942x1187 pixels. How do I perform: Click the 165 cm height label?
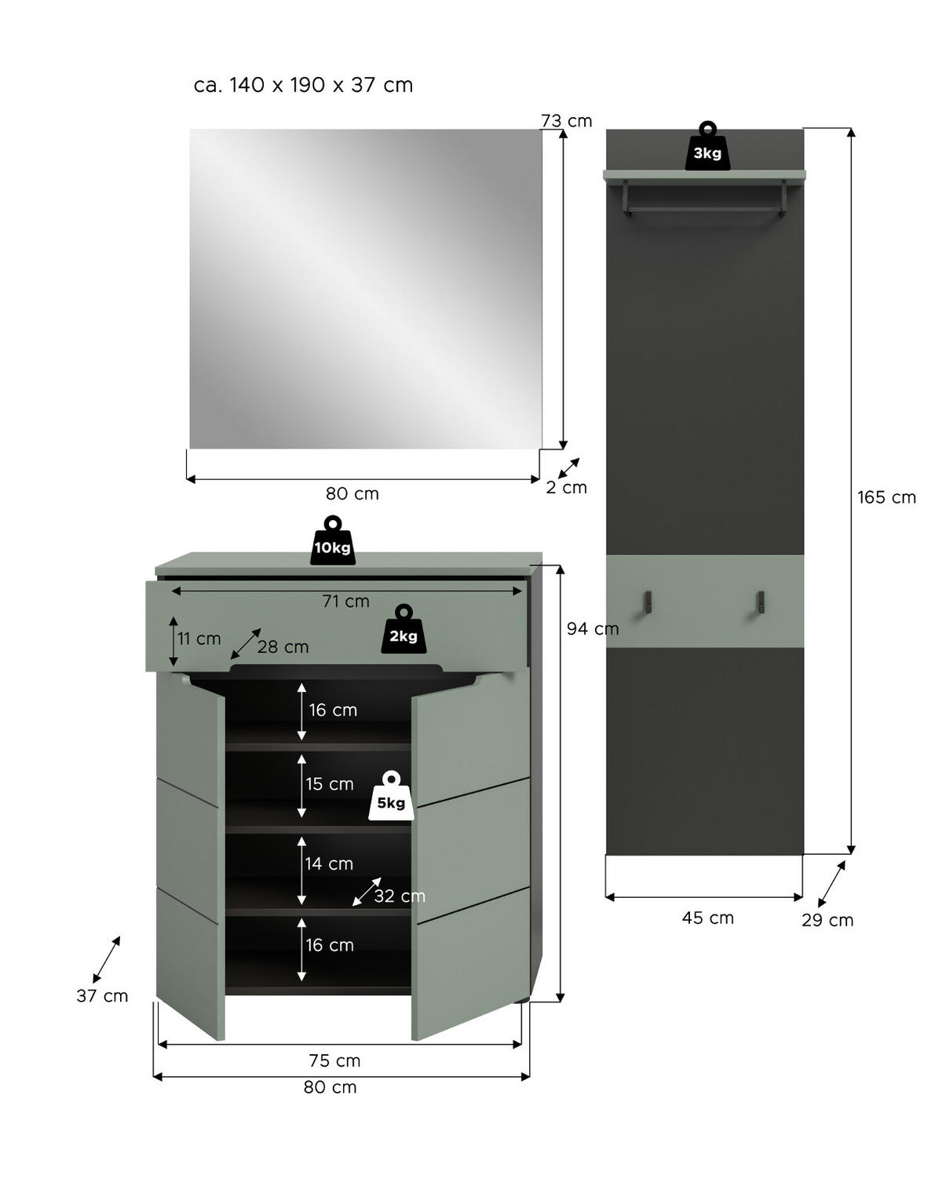886,497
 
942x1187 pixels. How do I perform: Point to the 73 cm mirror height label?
566,121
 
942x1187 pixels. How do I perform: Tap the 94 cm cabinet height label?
593,628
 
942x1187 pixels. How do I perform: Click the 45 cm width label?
707,918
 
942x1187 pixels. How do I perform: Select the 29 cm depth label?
827,920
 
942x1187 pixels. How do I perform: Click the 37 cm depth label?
102,996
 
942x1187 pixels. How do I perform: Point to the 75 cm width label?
334,1061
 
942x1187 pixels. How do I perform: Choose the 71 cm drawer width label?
345,601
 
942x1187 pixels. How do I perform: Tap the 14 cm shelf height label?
329,863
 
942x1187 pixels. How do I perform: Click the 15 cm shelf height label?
330,784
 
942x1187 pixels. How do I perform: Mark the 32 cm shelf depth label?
399,896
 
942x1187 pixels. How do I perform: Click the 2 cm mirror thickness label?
566,487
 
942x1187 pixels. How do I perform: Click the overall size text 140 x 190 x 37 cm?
303,85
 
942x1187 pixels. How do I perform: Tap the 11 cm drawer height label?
199,639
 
